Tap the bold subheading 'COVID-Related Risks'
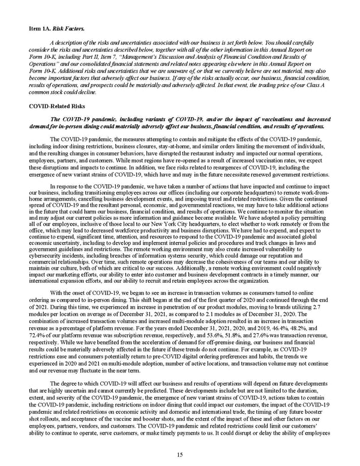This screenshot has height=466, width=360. pos(56,104)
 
